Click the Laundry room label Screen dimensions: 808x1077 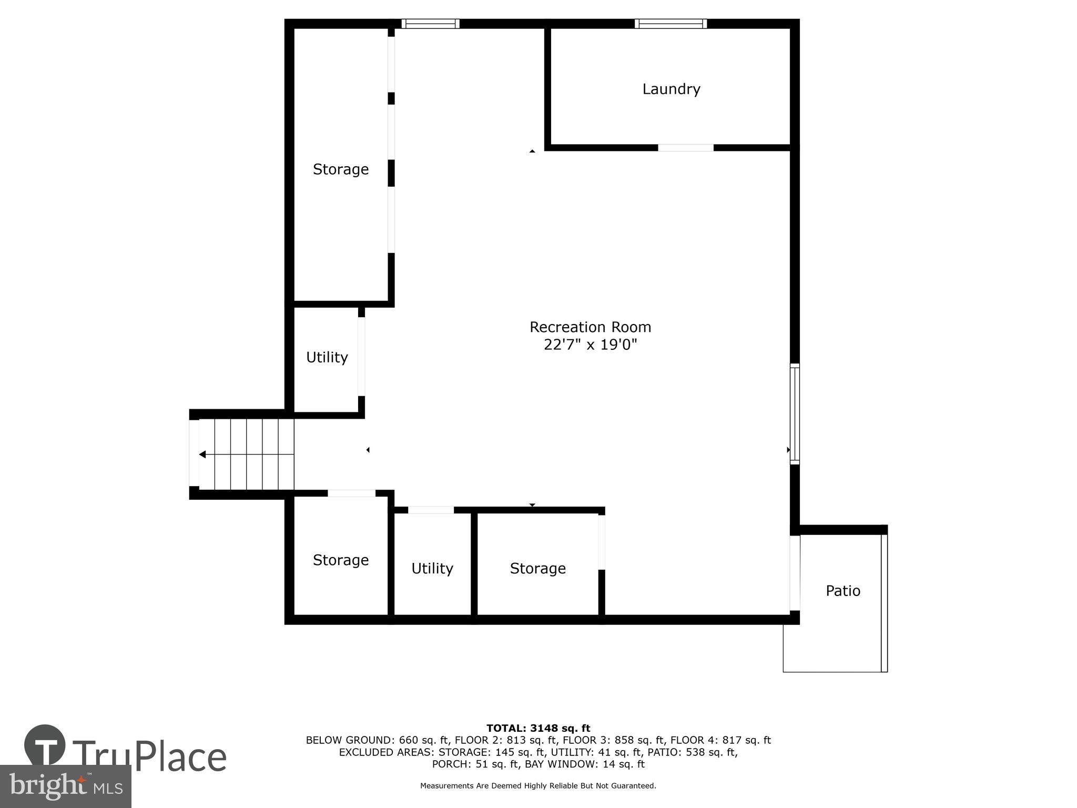coord(671,89)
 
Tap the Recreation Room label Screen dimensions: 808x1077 coord(590,327)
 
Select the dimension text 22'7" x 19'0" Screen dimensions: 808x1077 coord(590,345)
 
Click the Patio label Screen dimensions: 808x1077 coord(842,591)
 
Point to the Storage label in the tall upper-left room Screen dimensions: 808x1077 coord(340,169)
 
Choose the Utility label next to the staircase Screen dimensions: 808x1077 coord(327,357)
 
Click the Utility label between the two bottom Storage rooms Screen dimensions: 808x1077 coord(432,568)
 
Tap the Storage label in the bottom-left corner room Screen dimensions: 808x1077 coord(340,560)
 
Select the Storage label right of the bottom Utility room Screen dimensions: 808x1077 coord(537,568)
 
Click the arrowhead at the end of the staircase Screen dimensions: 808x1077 coord(202,454)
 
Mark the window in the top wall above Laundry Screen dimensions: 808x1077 coord(670,24)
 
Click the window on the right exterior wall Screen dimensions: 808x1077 coord(795,414)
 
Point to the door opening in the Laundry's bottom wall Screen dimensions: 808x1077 coord(686,148)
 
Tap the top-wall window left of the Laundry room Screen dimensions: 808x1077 coord(430,24)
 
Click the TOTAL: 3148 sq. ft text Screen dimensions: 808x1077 coord(538,728)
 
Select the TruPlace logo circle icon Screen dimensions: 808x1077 coord(45,745)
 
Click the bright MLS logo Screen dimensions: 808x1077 coord(65,786)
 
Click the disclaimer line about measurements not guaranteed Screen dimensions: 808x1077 coord(538,786)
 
